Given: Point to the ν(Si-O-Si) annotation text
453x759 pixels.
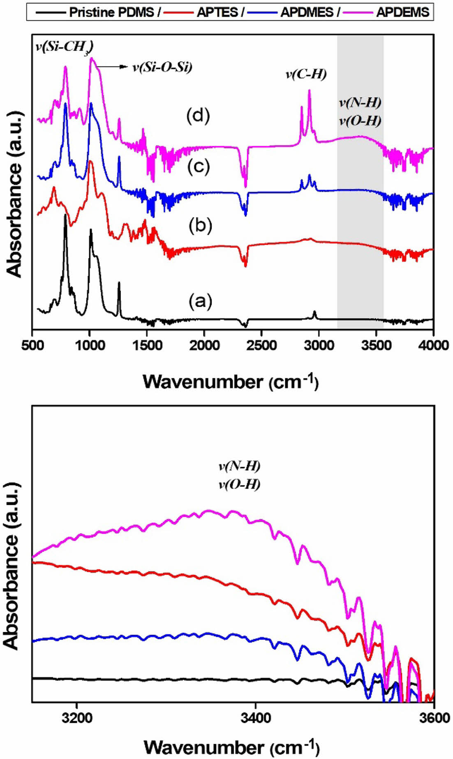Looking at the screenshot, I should point(162,67).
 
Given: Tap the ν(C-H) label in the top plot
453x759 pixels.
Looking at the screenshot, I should point(306,74).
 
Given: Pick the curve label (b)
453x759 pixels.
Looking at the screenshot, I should point(200,225).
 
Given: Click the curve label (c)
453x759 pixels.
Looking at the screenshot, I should point(199,166).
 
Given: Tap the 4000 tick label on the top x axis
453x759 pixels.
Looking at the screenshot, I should point(434,345).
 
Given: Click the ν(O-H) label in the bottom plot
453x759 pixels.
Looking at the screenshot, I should point(239,485).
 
